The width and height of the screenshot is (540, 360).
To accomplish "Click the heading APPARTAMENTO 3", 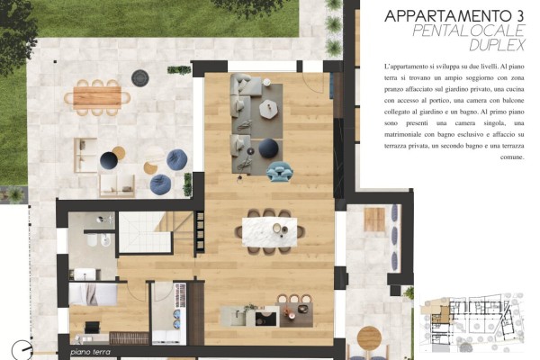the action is click(x=454, y=16).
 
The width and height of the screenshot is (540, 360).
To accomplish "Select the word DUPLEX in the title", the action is click(x=497, y=45).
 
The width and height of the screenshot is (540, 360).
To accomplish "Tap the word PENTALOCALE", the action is click(x=468, y=31).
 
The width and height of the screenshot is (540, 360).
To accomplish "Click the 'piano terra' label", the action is click(x=91, y=352).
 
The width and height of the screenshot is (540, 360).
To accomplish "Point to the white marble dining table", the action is click(x=269, y=232).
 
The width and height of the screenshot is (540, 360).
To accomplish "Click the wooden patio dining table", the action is click(x=97, y=97).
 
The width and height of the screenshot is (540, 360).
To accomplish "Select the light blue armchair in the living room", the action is click(x=279, y=171).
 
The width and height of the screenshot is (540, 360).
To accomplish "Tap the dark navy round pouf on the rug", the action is click(x=268, y=148).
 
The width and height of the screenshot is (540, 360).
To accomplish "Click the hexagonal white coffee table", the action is click(x=269, y=109).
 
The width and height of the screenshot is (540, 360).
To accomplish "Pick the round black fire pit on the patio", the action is click(x=140, y=78).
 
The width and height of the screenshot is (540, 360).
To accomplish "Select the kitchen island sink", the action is click(x=238, y=316).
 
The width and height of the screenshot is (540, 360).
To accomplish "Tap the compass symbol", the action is click(x=22, y=350).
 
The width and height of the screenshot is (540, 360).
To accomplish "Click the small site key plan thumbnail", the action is click(x=472, y=322).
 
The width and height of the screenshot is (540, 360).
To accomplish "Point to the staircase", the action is click(x=156, y=232).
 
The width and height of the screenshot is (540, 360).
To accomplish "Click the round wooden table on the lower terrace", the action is click(x=369, y=338).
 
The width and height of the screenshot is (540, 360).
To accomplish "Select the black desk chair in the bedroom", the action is click(x=92, y=328).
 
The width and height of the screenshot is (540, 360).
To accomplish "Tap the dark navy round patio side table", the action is click(x=109, y=160).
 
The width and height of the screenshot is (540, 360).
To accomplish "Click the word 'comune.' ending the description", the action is click(x=512, y=157).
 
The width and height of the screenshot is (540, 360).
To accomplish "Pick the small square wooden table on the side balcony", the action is click(x=374, y=220).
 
